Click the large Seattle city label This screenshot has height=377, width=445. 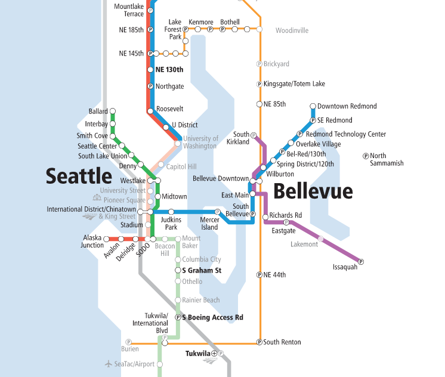tap(79, 176)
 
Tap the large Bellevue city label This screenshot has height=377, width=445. tap(313, 191)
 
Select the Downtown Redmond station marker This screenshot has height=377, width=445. tap(313, 107)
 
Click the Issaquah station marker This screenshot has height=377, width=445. tap(360, 261)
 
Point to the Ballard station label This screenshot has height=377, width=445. tap(98, 112)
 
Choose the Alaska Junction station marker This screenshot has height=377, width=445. tap(107, 239)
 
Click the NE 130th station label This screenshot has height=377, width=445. tap(169, 70)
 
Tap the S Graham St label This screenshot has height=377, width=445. tap(202, 270)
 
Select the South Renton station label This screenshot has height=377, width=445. tap(282, 342)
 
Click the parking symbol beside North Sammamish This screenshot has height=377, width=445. tap(366, 156)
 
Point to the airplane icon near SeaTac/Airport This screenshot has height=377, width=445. tap(108, 364)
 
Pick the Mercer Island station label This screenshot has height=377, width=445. tap(209, 224)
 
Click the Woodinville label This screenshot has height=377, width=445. tap(292, 30)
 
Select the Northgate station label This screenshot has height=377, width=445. tap(170, 86)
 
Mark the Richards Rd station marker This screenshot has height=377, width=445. tap(265, 217)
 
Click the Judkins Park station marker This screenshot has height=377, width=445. tap(171, 212)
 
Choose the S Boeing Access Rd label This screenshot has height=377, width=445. tap(212, 318)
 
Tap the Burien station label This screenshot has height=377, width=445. tap(130, 350)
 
